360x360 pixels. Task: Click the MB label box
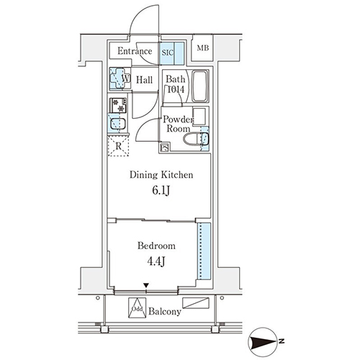203,48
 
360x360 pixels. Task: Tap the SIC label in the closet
167,53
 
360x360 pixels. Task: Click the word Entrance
135,51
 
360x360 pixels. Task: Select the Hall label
144,80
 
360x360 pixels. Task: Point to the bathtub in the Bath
200,86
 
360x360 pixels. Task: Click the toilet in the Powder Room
196,139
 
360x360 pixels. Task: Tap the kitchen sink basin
117,124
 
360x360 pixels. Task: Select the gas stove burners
118,105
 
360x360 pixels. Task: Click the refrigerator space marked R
118,146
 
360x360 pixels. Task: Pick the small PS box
165,148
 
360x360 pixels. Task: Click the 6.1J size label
161,191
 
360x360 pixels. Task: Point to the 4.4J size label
156,261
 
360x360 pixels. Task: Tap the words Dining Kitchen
161,175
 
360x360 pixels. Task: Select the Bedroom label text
156,246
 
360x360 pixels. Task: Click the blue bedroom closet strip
204,251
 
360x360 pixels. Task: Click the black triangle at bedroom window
146,285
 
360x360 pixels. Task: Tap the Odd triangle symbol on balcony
137,308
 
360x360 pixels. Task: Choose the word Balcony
165,311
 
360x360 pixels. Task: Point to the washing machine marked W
120,78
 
